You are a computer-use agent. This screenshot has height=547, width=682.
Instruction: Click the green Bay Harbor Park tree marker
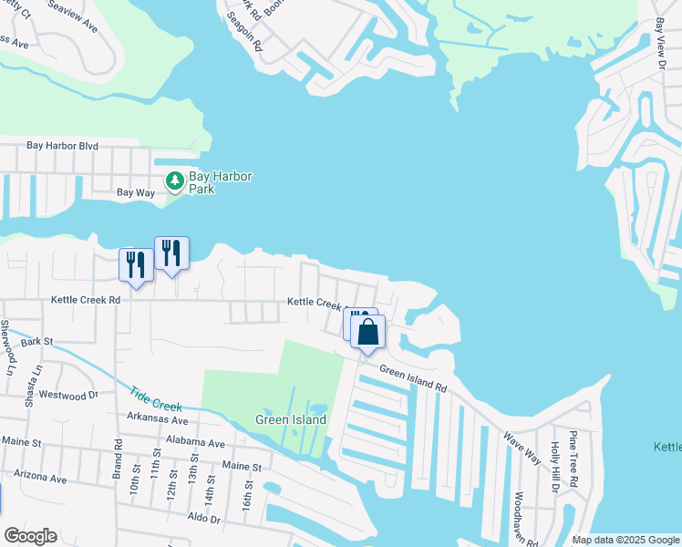click(174, 181)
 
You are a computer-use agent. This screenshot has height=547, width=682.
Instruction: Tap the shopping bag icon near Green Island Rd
click(367, 333)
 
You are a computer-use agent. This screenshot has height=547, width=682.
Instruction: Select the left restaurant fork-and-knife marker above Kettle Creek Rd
click(136, 265)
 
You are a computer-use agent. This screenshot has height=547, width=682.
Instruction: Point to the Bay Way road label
click(136, 192)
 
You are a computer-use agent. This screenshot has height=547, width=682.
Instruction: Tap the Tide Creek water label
click(156, 397)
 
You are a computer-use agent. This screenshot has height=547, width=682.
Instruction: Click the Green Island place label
click(291, 420)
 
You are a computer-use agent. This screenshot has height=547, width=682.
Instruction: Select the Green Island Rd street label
click(413, 378)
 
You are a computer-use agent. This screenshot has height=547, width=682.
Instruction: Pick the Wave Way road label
click(523, 443)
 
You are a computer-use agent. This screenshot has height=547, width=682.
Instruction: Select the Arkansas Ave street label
click(158, 420)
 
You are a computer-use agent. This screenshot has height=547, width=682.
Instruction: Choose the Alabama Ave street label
click(195, 443)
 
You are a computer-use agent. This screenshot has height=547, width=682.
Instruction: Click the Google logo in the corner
click(30, 536)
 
